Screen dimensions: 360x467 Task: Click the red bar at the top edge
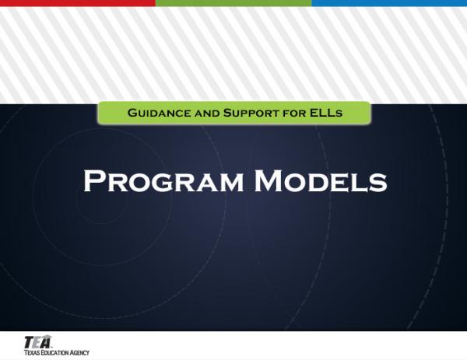click(77, 3)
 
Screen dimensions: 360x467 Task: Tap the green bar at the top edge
click(233, 3)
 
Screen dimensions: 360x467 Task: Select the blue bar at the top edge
click(389, 3)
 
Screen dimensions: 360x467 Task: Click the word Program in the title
click(163, 182)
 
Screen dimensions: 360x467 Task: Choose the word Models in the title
click(321, 182)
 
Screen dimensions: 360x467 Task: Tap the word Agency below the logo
click(80, 352)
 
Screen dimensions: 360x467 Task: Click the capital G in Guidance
click(132, 114)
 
